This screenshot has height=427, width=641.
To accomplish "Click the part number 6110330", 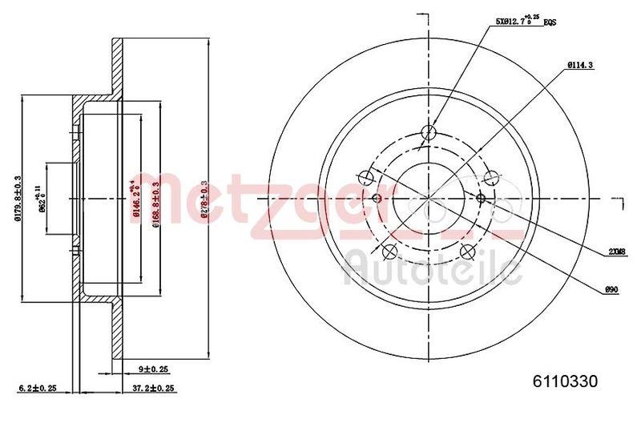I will click(566, 381).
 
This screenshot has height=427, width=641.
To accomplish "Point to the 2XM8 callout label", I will click(616, 252).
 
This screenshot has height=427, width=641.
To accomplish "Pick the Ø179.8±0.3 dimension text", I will click(17, 196).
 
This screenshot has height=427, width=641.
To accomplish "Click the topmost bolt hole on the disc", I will click(429, 133).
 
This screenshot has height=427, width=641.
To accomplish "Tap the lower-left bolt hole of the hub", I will click(390, 252).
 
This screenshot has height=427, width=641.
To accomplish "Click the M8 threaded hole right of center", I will click(481, 197).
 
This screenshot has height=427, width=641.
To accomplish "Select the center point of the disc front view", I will click(429, 197).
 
